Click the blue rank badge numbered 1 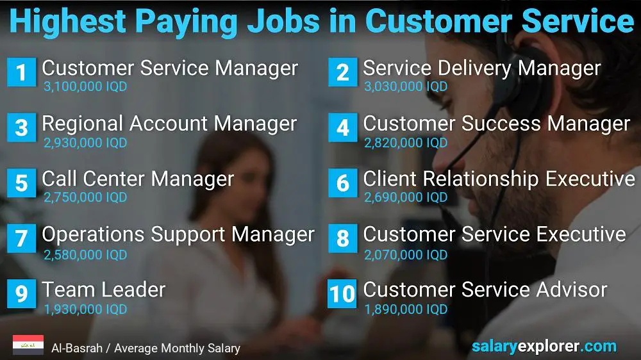click(21, 72)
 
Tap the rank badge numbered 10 click(342, 293)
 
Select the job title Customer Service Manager click(170, 68)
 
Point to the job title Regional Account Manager click(169, 124)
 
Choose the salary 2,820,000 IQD click(406, 143)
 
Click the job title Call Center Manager click(138, 179)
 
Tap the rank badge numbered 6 click(342, 183)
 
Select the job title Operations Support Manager click(178, 234)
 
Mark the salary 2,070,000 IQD click(406, 254)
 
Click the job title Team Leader click(104, 290)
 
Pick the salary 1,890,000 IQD click(406, 309)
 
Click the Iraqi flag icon click(28, 345)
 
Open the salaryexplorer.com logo click(544, 347)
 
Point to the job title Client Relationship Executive click(499, 179)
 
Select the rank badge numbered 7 click(21, 238)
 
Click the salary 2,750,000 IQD click(85, 198)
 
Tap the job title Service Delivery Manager click(482, 68)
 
